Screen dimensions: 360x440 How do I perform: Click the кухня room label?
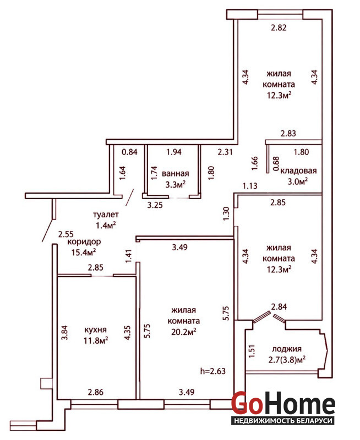point(95,329)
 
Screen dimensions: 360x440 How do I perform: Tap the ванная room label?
point(175,173)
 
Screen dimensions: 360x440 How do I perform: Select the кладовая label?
point(298,170)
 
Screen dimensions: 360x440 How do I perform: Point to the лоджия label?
point(287,349)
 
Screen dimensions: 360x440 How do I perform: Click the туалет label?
point(106,215)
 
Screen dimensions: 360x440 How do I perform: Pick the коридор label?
point(84,242)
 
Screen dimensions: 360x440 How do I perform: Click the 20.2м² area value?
point(184,332)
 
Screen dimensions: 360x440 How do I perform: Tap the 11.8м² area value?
point(96,340)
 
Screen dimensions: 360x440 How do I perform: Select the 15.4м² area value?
point(84,252)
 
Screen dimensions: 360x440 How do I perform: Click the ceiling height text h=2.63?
point(213,371)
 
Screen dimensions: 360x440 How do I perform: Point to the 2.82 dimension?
point(279,28)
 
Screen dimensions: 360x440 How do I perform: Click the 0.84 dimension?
point(129,152)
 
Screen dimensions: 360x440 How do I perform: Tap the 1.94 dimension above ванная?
point(174,152)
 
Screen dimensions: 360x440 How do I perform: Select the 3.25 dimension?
point(155,205)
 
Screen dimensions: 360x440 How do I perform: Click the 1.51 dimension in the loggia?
point(252,351)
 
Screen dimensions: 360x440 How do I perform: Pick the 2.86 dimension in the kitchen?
point(96,392)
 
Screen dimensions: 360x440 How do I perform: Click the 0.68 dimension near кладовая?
point(276,164)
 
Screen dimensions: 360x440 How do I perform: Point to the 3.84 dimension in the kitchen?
point(64,333)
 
